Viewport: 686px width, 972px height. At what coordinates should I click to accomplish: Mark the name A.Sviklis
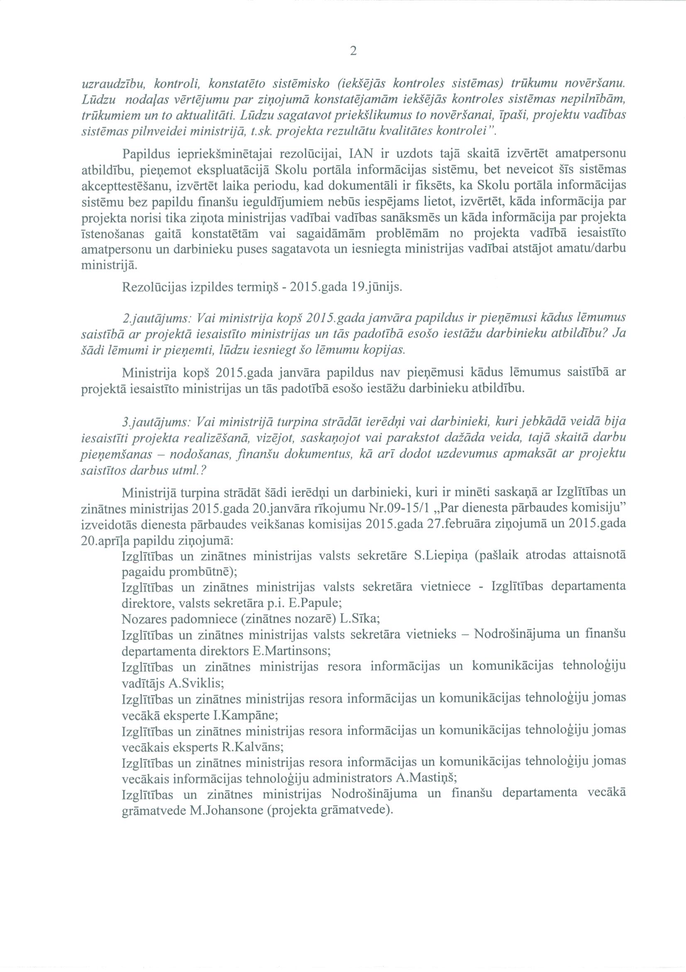(196, 683)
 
